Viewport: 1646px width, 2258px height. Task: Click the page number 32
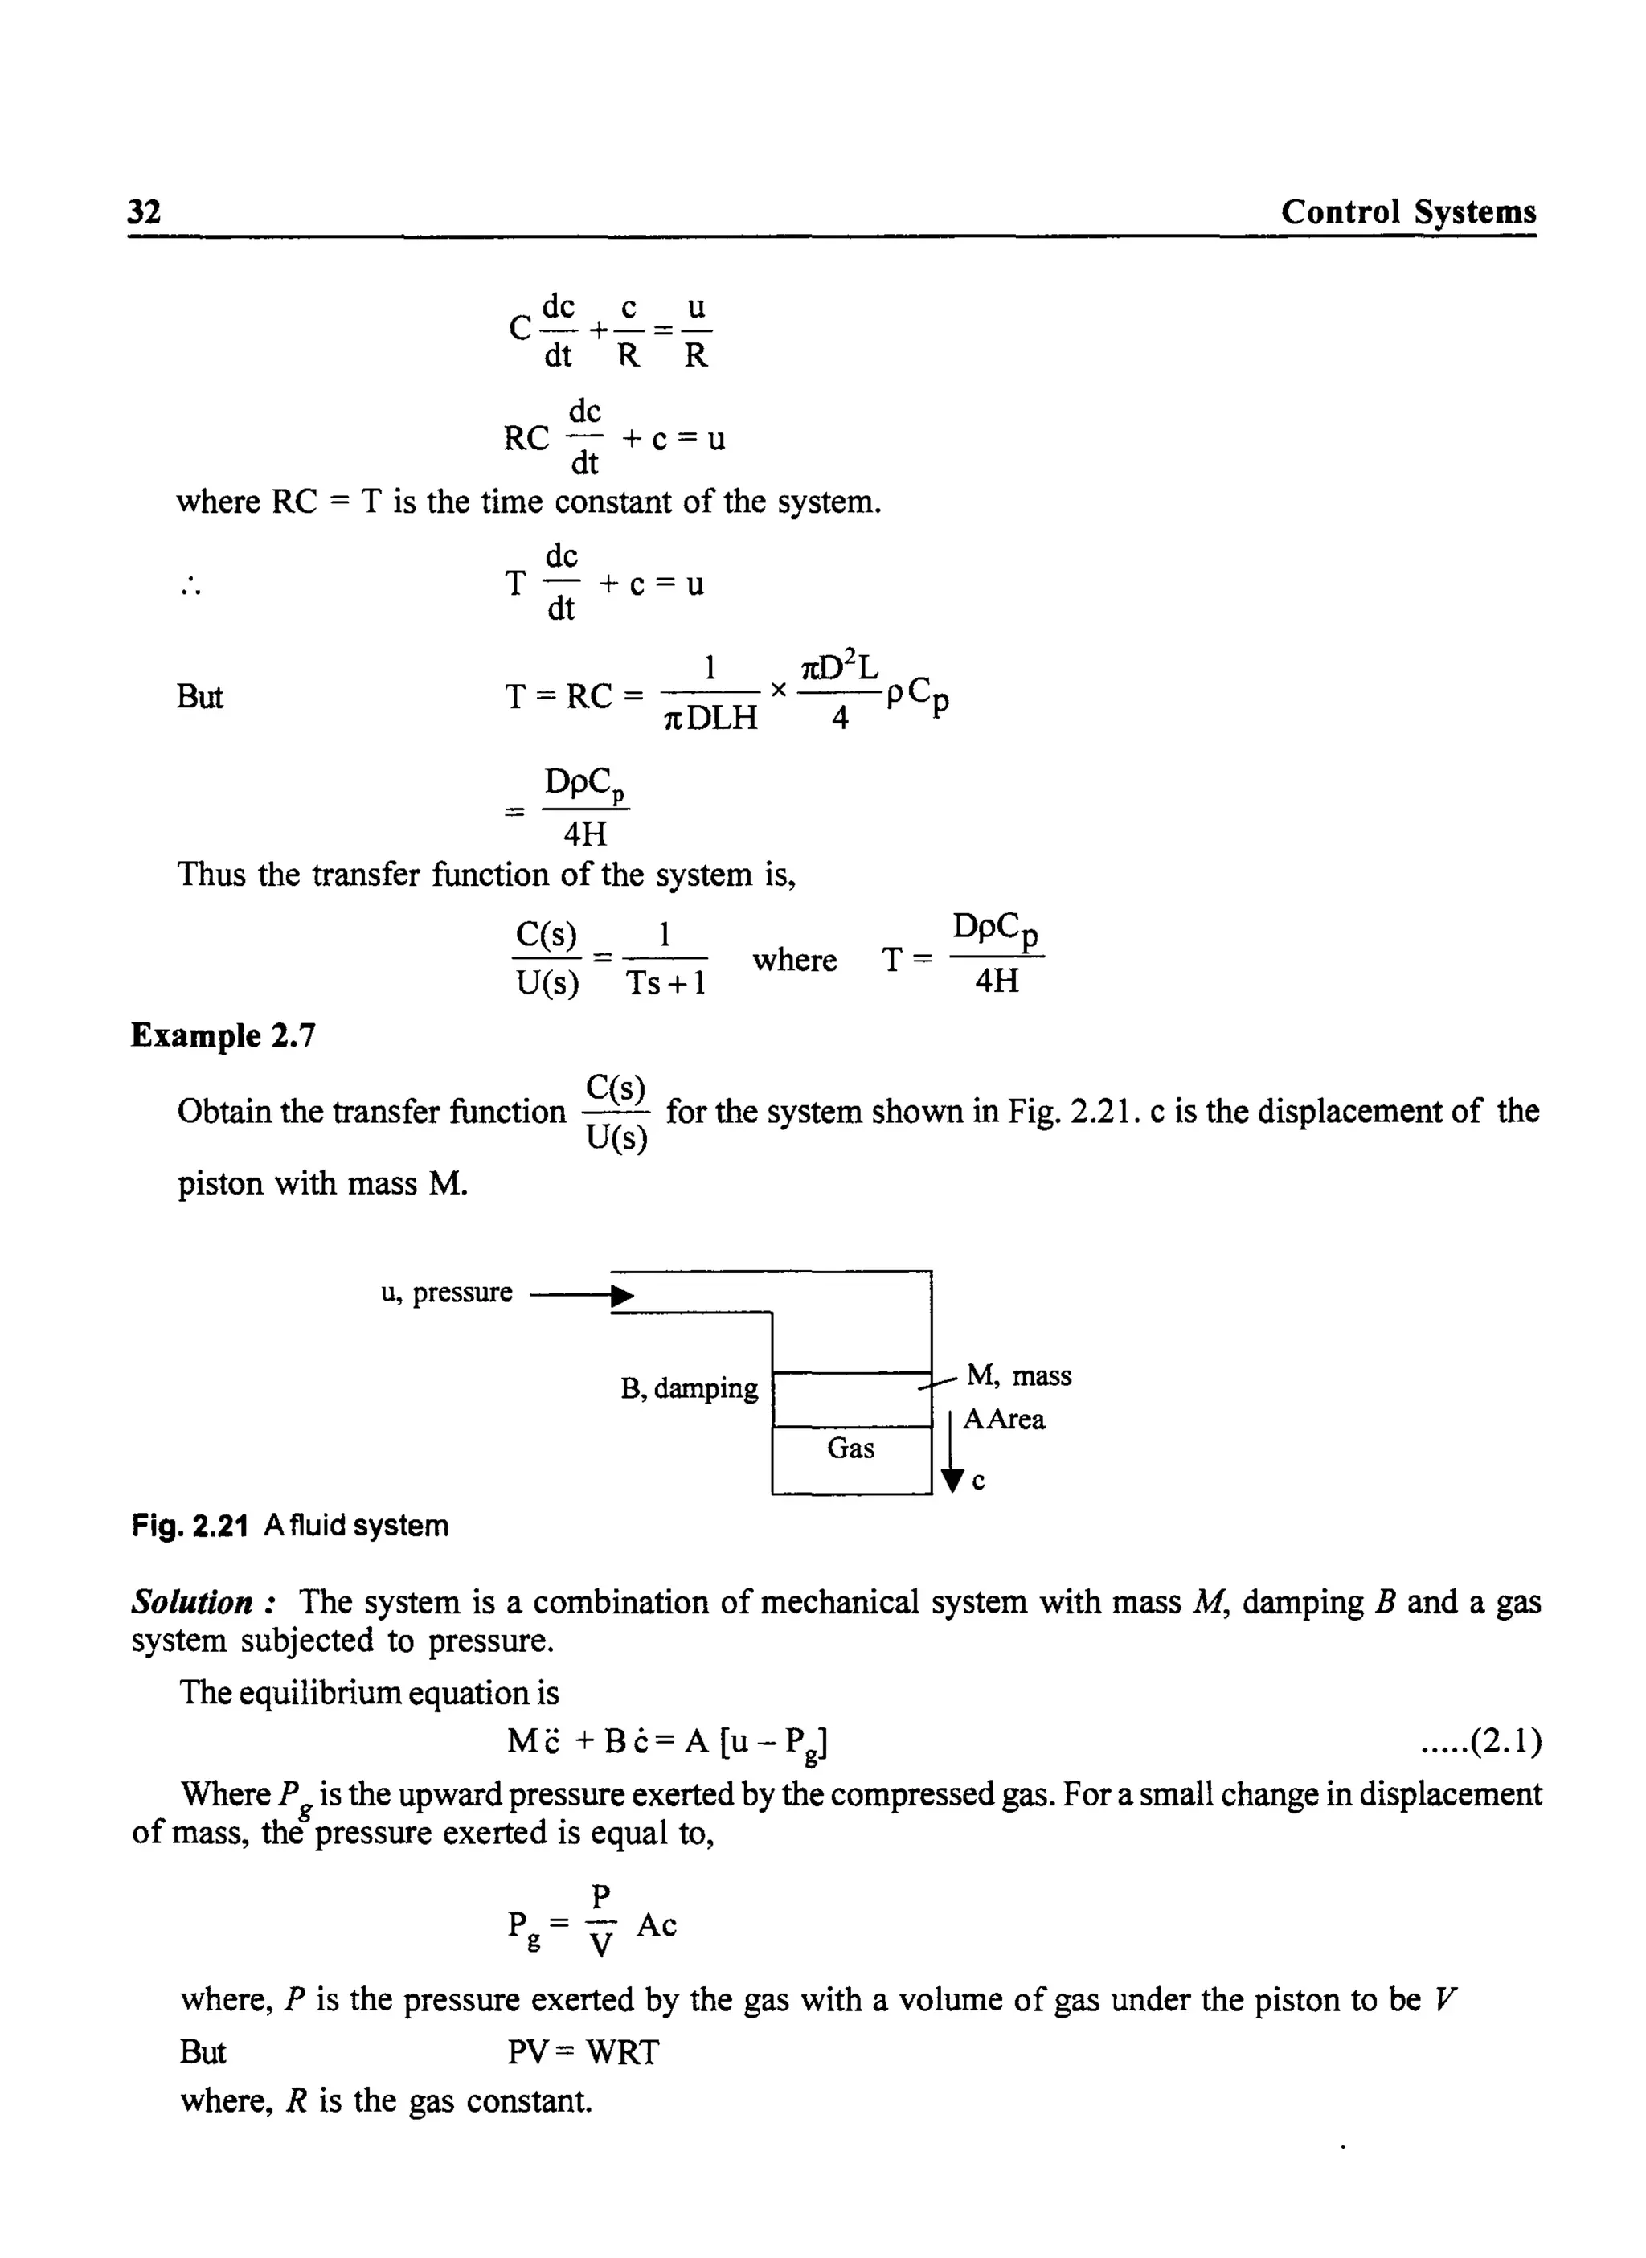click(x=145, y=211)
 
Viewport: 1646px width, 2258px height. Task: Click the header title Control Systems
click(x=1408, y=211)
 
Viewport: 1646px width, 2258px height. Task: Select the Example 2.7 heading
click(x=223, y=1035)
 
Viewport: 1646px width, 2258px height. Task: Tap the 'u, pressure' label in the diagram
click(x=446, y=1293)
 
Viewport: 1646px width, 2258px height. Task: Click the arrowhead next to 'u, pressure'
click(x=623, y=1296)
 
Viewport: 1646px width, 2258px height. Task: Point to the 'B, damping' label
click(x=689, y=1388)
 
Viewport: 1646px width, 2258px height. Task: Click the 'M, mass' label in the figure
click(x=1018, y=1375)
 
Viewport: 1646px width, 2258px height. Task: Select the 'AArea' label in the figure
click(x=1003, y=1419)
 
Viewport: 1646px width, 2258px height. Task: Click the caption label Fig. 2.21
click(x=190, y=1526)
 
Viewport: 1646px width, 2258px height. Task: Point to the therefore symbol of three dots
click(x=191, y=587)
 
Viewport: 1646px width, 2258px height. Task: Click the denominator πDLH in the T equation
click(x=710, y=718)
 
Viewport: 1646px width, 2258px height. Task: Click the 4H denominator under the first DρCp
click(x=585, y=832)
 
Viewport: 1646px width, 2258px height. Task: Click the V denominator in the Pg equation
click(x=601, y=1945)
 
